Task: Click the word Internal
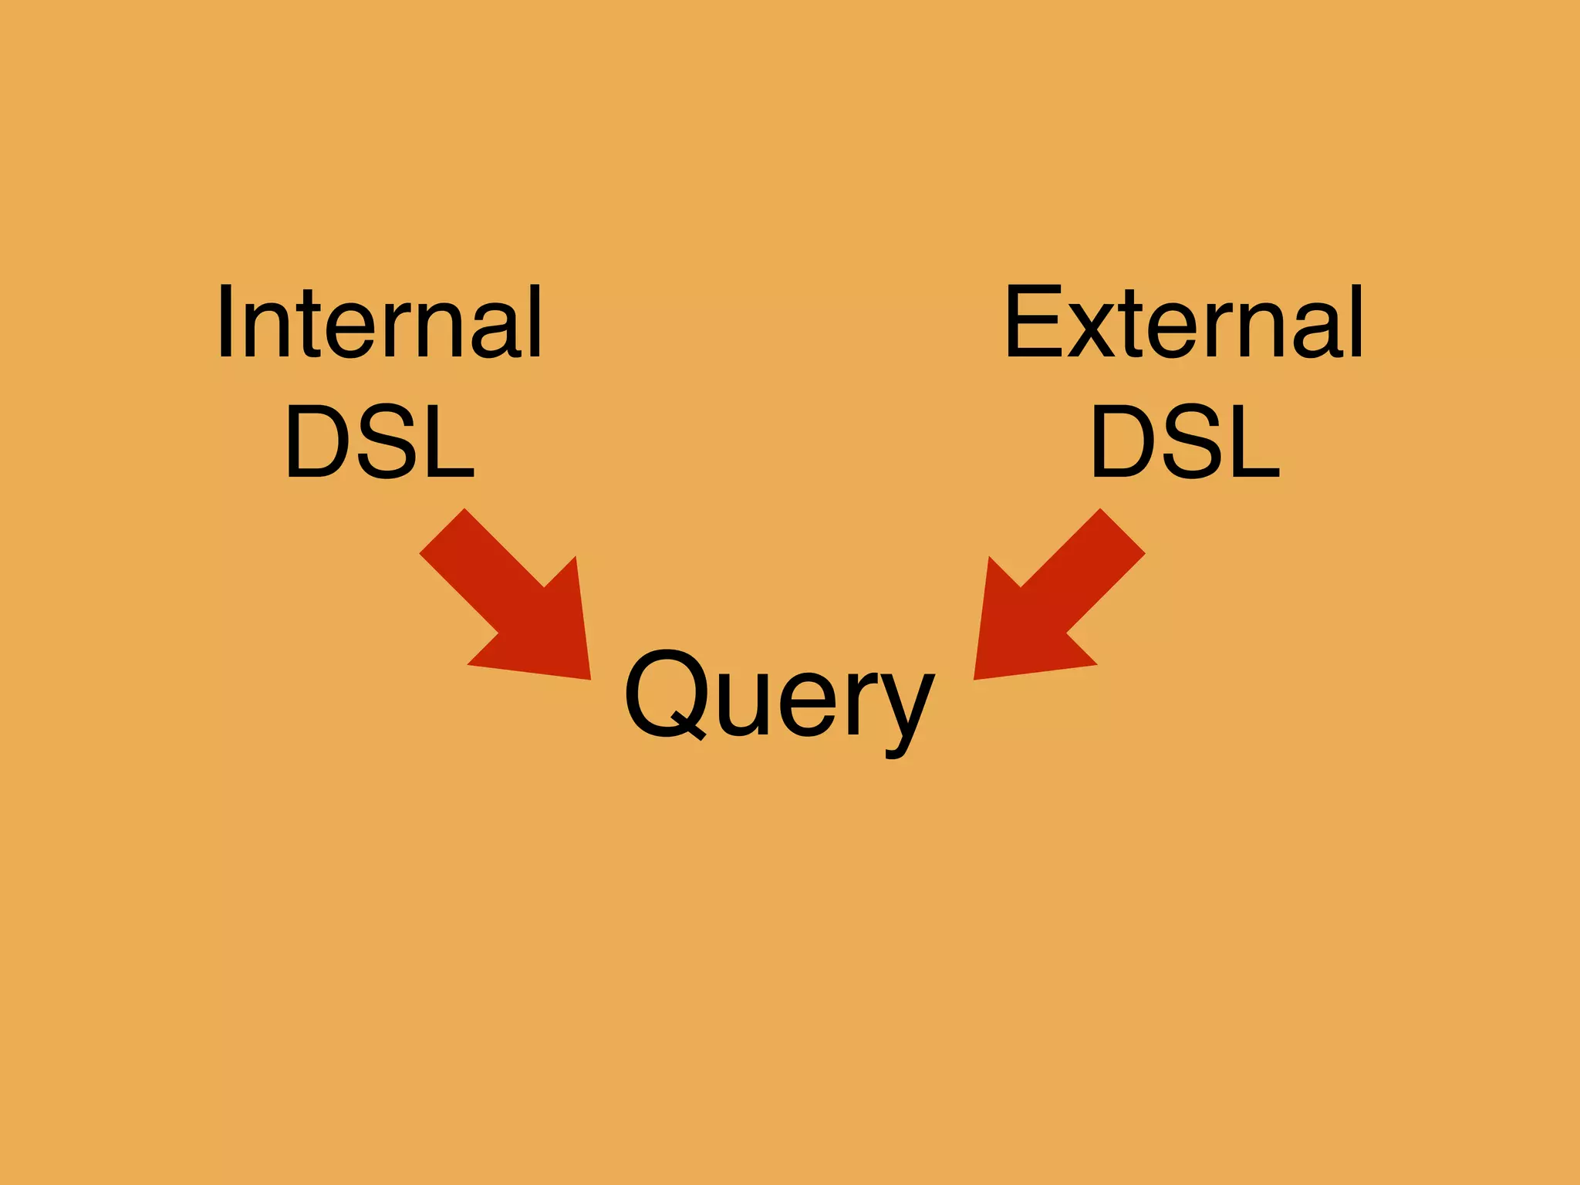click(380, 322)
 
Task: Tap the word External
click(1184, 322)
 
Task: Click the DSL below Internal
click(380, 443)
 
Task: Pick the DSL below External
click(1185, 443)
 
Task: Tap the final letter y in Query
click(907, 710)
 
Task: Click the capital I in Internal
click(225, 322)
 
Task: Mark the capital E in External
click(1034, 322)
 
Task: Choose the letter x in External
click(1092, 332)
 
